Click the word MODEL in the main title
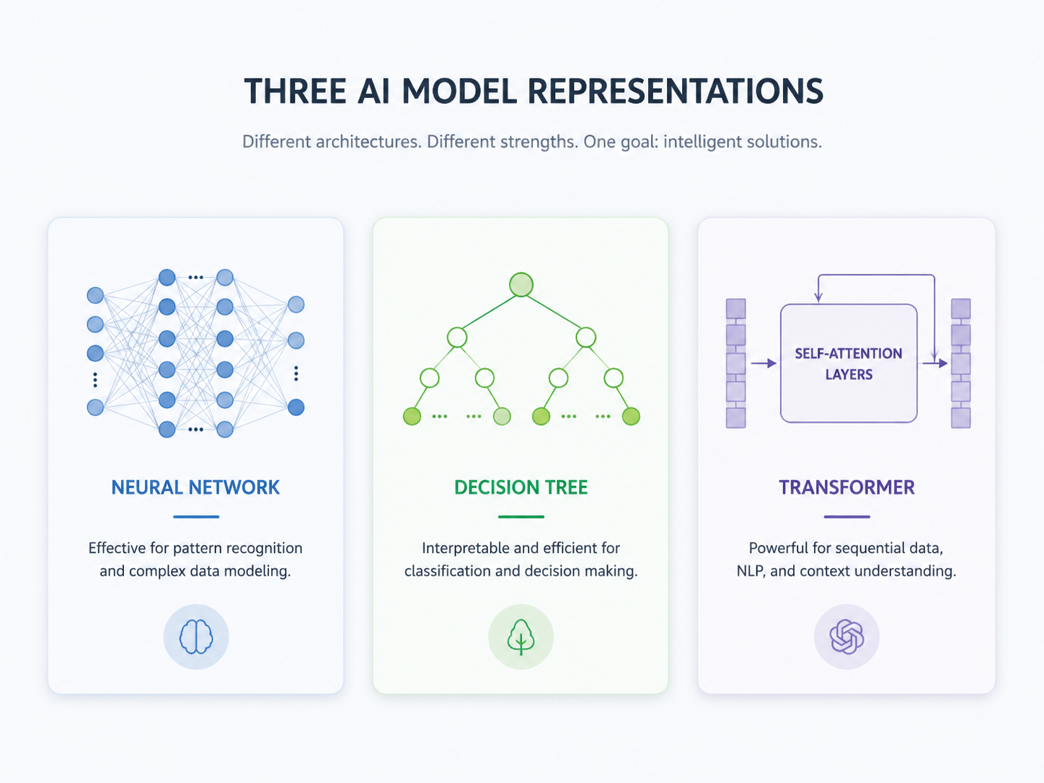point(459,91)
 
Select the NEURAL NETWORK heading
point(195,487)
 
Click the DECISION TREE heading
point(521,487)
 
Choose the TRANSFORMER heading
point(846,487)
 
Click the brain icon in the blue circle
point(196,637)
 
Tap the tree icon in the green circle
point(521,637)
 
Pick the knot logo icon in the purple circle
point(846,637)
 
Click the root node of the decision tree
point(521,285)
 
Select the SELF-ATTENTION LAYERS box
point(849,363)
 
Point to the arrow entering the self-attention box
point(764,363)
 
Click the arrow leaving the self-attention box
point(935,363)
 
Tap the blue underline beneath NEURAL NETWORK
point(196,517)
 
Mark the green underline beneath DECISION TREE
point(521,517)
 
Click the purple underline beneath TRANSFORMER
point(847,517)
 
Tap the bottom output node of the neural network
point(296,407)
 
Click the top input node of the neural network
point(95,295)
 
